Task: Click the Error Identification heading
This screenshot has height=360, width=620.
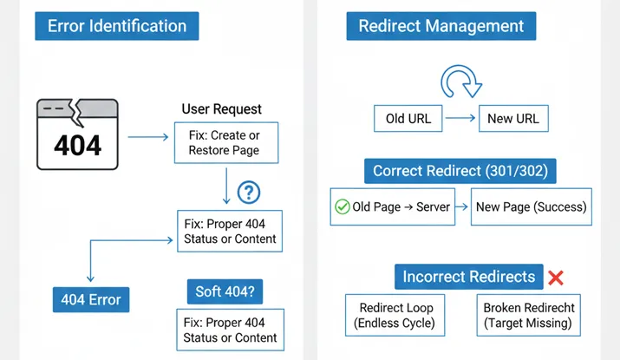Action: (x=117, y=26)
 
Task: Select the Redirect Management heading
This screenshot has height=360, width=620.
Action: (x=441, y=26)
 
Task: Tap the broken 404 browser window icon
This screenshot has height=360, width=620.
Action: (x=77, y=134)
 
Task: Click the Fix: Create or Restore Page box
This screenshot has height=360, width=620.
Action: (x=226, y=143)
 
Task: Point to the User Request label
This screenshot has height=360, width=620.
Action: (x=221, y=108)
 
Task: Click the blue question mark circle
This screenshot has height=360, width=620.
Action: (x=249, y=193)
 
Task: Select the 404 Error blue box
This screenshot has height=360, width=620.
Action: (x=91, y=299)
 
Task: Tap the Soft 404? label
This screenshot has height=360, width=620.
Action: (x=225, y=291)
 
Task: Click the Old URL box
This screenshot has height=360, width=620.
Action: (x=408, y=118)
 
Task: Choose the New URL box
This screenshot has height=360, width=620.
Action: (x=513, y=118)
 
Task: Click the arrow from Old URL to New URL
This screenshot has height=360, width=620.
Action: (x=460, y=118)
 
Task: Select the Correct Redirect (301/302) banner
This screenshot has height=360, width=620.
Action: (x=460, y=171)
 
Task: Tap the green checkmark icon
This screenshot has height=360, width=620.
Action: (x=343, y=206)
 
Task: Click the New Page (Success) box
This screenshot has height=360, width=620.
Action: (x=531, y=206)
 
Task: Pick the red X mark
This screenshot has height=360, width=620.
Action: (x=556, y=278)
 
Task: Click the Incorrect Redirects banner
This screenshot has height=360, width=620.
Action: (x=468, y=277)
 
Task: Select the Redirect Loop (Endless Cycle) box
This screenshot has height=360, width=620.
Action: (x=395, y=315)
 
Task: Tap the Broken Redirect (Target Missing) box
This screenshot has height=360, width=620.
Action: (x=528, y=315)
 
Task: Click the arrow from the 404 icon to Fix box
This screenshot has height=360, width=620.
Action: (x=148, y=137)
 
